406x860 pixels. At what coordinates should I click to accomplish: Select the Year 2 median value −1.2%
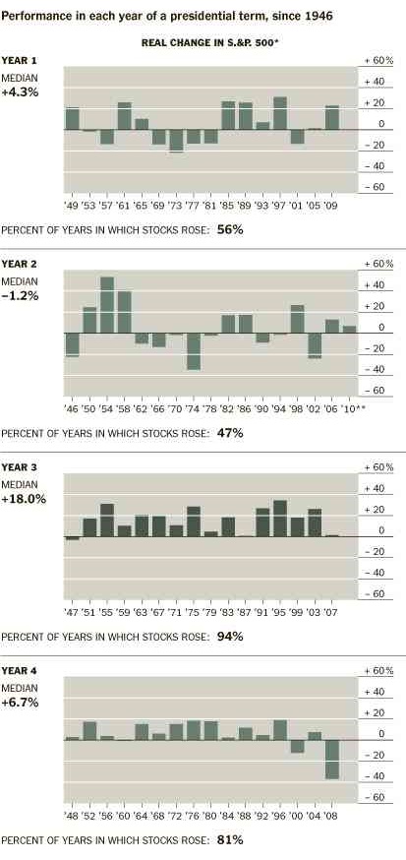21,294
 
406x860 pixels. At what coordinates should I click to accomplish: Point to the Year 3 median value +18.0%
24,499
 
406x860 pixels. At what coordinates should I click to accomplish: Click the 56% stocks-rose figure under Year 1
230,229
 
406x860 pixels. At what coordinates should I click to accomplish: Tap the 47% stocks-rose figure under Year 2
230,432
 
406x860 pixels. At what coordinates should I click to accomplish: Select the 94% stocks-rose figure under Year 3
230,636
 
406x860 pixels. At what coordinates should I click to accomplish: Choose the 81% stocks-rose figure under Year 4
230,839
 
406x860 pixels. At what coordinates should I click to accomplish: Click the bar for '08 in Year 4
332,759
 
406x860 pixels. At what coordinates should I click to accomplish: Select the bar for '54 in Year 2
106,305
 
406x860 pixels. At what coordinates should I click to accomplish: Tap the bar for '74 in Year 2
194,351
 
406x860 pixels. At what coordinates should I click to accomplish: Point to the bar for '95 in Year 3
280,519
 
